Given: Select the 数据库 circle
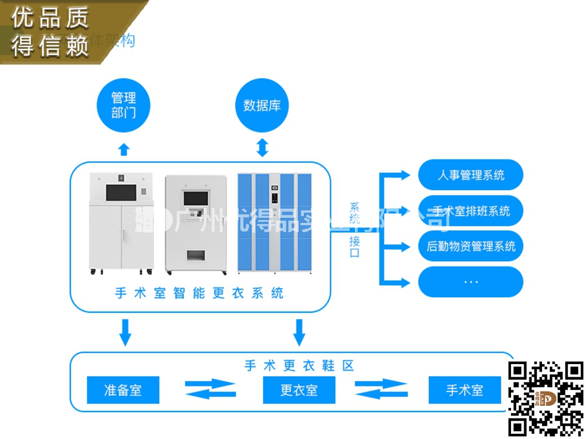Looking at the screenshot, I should tap(262, 105).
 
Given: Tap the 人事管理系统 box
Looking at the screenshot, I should tap(470, 175).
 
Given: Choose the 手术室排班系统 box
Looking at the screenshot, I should tap(470, 211).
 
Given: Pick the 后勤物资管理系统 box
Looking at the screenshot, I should tap(470, 246).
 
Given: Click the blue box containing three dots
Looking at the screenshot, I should tap(470, 282).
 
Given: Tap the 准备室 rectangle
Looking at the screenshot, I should tap(122, 390).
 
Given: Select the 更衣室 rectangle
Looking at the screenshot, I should tap(299, 390).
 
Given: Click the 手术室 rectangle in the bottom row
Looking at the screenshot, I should tap(464, 390).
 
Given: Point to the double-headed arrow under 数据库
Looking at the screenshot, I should tap(262, 147).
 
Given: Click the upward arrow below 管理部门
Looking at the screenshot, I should tap(124, 149).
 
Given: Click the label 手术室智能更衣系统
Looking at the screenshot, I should tap(199, 294).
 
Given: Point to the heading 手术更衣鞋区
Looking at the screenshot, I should tap(299, 365).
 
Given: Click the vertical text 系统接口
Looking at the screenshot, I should tap(355, 229).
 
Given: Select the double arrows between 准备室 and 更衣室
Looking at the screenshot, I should tap(211, 389).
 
